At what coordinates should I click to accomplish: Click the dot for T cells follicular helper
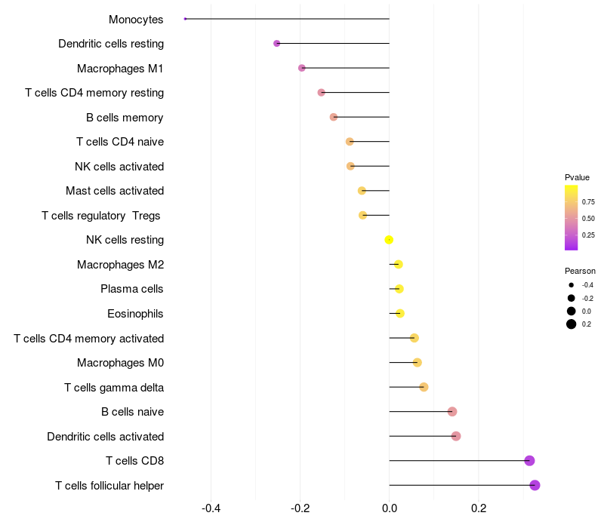535,485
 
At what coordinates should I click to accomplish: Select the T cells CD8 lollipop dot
529,461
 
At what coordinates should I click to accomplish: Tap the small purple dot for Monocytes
185,19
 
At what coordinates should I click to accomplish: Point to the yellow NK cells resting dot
389,240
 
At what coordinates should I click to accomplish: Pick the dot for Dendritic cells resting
277,44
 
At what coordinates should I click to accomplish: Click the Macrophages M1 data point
302,68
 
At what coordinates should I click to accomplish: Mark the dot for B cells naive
452,412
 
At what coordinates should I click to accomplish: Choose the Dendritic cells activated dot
456,436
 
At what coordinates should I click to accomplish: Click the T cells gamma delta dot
424,387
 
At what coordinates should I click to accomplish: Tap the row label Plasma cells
132,289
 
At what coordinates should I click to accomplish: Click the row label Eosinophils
136,314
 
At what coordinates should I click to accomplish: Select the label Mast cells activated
115,191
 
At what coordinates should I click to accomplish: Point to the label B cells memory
125,117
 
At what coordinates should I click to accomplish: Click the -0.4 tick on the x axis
211,508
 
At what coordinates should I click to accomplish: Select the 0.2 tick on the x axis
479,508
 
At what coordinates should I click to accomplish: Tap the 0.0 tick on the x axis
390,508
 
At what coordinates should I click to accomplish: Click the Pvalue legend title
578,177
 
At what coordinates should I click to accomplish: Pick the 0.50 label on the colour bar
588,219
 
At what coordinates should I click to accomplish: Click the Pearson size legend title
580,271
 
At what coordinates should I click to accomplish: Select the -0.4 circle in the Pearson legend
572,285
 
